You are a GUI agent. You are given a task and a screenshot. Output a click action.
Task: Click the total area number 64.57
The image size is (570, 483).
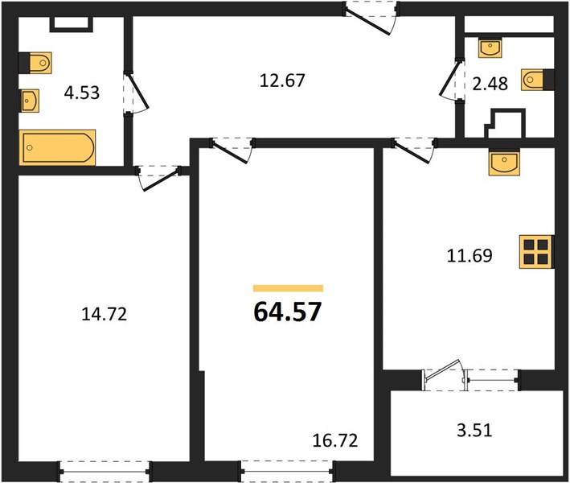[287, 312]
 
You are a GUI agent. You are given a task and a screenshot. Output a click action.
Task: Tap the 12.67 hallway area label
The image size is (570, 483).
[282, 80]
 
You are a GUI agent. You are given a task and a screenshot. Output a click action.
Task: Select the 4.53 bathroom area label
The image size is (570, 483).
[82, 93]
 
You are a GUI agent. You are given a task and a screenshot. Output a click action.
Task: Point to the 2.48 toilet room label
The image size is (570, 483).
[490, 84]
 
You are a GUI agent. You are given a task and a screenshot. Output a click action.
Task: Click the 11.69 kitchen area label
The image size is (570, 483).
[470, 255]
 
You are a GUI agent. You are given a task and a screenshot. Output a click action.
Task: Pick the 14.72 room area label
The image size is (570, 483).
[105, 314]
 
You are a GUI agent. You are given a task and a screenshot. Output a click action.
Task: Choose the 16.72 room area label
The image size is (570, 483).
[335, 440]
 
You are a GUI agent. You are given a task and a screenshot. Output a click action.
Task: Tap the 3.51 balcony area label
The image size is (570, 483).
[474, 430]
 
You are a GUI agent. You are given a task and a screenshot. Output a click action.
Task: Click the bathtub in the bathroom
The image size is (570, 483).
[57, 147]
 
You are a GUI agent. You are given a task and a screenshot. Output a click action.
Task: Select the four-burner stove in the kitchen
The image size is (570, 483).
[536, 252]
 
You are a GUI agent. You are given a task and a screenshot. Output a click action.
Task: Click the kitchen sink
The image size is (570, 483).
[505, 163]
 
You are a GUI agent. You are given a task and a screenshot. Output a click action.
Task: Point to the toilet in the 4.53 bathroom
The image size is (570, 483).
[35, 63]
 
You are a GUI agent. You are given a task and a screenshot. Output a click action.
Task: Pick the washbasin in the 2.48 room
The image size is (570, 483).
[490, 47]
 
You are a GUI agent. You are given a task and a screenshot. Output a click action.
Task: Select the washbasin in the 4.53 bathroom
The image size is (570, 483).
[30, 101]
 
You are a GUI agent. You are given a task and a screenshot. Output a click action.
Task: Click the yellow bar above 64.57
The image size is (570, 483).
[289, 288]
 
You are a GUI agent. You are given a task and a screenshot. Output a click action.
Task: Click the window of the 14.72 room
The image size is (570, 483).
[105, 472]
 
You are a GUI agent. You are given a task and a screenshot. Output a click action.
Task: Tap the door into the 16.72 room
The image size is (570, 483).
[232, 149]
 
